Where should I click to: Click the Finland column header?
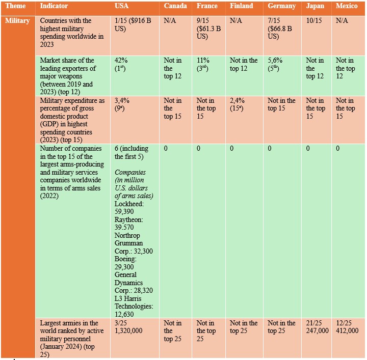coord(241,6)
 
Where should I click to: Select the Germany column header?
coord(282,6)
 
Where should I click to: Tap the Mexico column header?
coord(347,6)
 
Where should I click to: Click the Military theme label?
coord(17,21)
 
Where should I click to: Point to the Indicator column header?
coord(54,6)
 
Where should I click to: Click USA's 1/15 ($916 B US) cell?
coord(133,24)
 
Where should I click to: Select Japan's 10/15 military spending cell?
coord(314,20)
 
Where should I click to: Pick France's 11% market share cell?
coord(203,64)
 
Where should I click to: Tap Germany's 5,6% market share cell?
coord(275,64)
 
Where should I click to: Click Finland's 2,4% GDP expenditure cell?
coord(237,104)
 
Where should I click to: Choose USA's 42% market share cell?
coord(121,64)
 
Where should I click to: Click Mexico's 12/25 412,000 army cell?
coord(347,327)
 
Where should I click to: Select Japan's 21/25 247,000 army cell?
coord(318,327)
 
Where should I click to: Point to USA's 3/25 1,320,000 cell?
coord(128,327)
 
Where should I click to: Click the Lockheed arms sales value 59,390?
coord(124,211)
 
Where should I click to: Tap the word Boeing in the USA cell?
coord(125,259)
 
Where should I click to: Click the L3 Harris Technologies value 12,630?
coord(124,314)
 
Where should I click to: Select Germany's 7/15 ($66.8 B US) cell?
coord(280,29)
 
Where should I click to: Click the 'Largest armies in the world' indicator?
coord(72,339)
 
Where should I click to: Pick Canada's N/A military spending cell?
coord(170,20)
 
